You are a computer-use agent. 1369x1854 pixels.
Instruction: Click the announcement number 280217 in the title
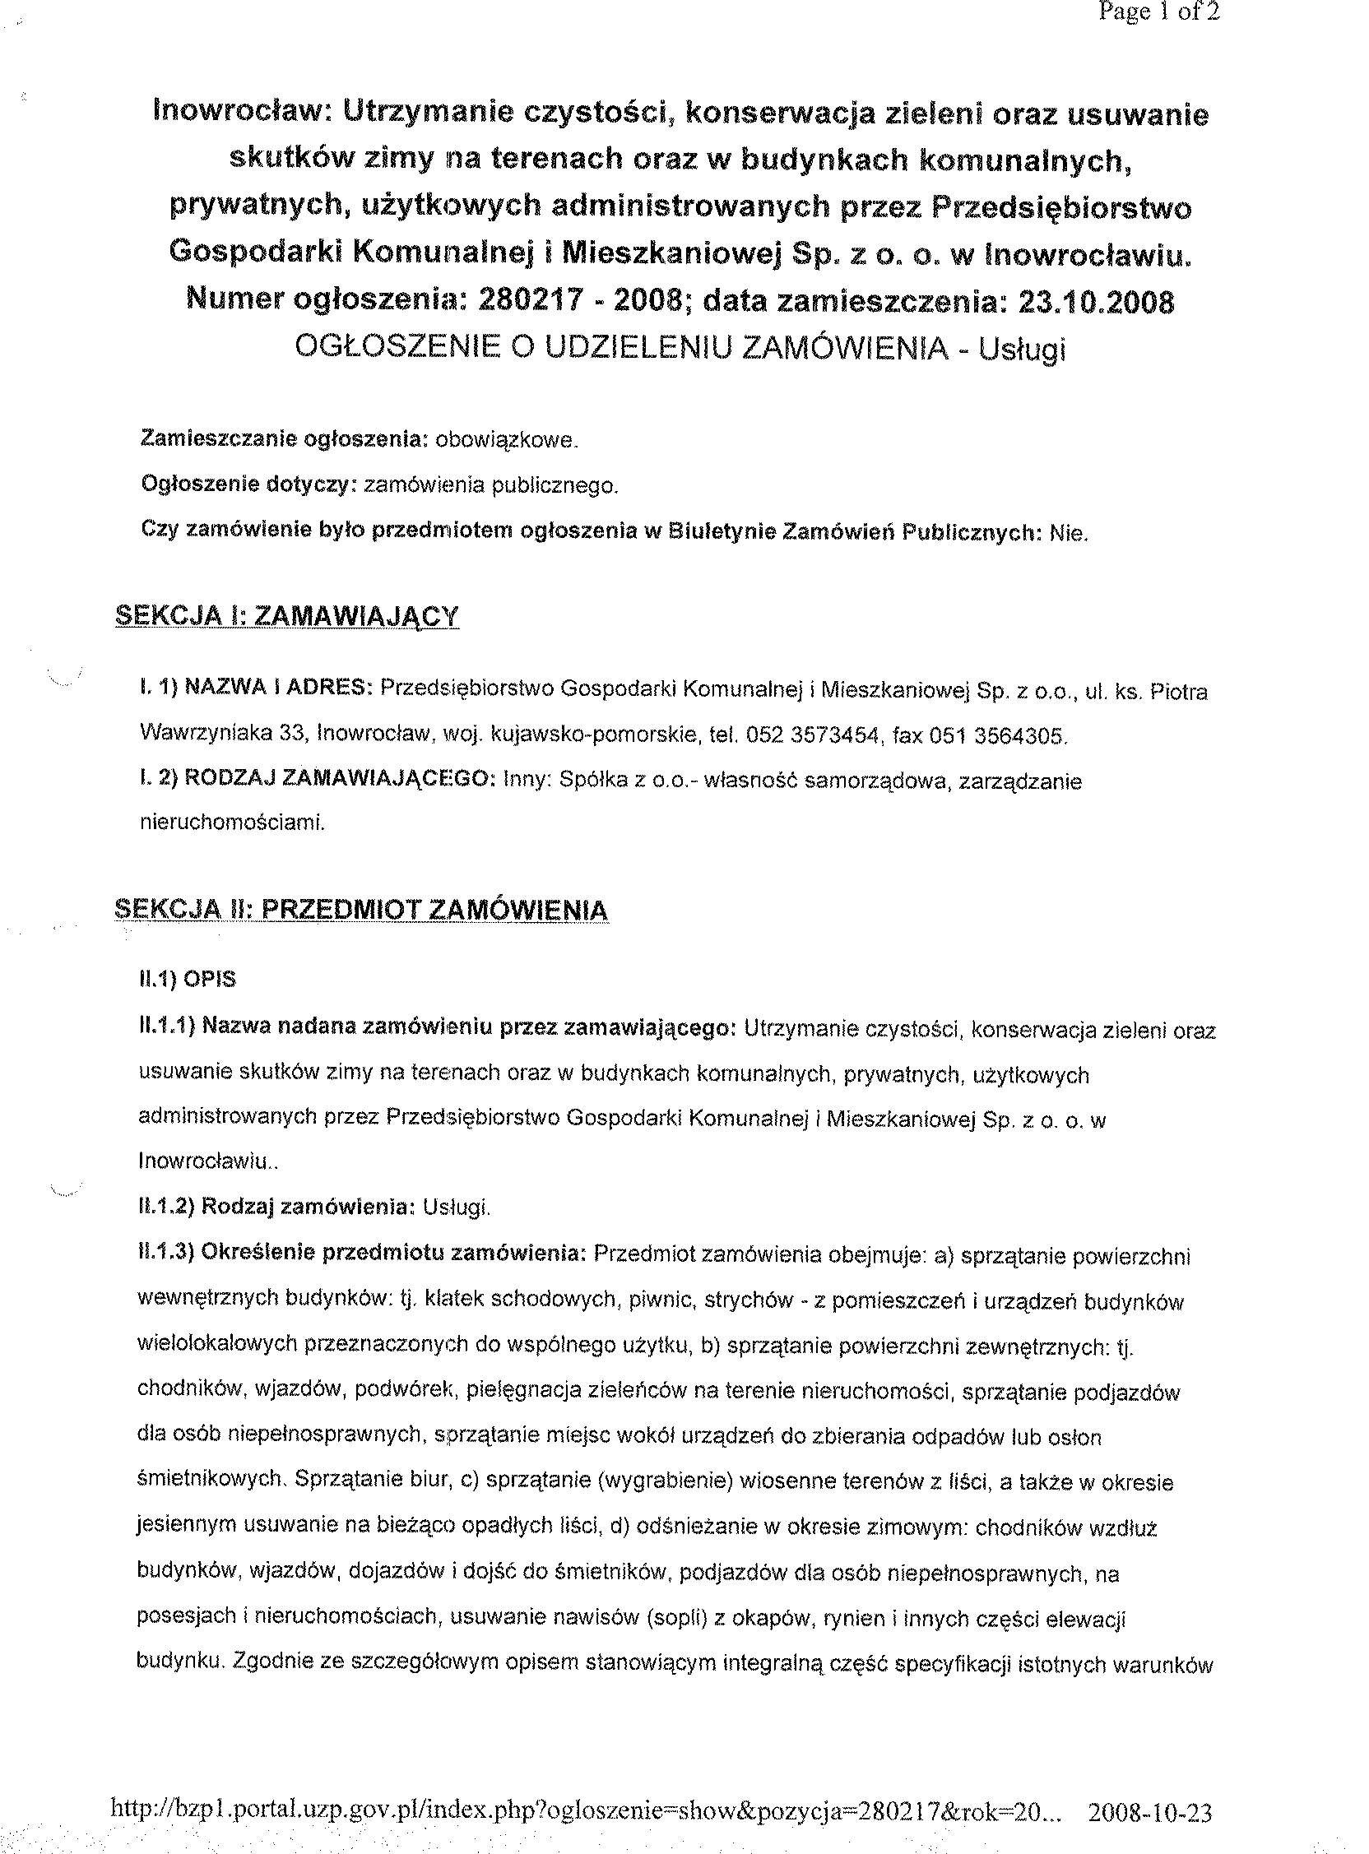[x=523, y=302]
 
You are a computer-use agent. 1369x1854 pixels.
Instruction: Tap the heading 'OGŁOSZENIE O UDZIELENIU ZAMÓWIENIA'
[x=620, y=349]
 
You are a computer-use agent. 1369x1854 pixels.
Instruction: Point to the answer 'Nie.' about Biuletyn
[x=1068, y=534]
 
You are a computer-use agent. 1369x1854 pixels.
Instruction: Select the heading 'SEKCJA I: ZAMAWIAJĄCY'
[x=287, y=616]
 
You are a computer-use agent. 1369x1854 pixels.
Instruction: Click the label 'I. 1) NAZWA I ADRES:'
[x=255, y=688]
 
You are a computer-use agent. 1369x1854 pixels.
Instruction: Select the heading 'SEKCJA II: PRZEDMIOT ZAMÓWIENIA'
[x=361, y=911]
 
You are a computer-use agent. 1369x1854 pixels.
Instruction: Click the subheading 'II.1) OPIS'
[x=188, y=980]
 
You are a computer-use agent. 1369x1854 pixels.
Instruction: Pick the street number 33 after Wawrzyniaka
[x=294, y=735]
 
